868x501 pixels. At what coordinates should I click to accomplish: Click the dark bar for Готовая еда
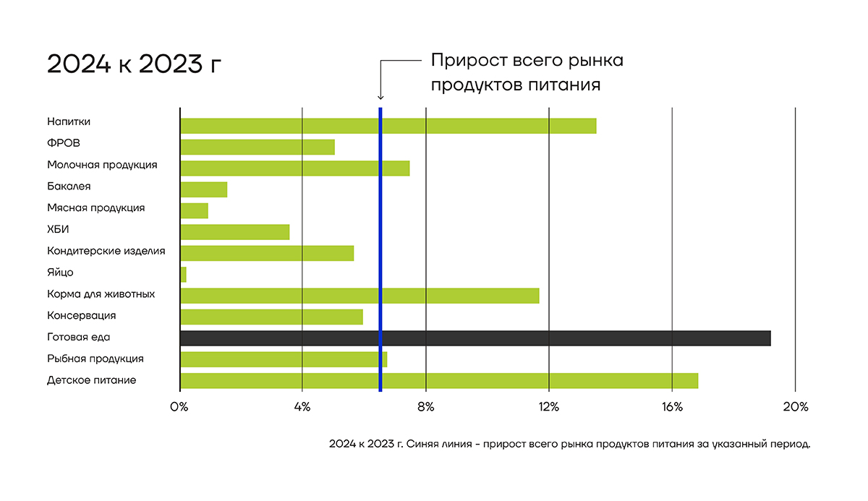click(475, 338)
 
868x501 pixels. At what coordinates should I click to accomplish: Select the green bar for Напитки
click(388, 126)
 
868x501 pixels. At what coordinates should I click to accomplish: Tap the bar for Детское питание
click(438, 380)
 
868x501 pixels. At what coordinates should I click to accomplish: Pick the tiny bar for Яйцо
click(183, 274)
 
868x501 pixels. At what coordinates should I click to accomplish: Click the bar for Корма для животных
click(359, 295)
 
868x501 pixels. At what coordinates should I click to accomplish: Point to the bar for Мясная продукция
click(194, 210)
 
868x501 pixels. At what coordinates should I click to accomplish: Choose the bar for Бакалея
click(203, 189)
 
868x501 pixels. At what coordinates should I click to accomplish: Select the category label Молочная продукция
click(102, 165)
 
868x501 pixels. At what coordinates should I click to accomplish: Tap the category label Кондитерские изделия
click(106, 251)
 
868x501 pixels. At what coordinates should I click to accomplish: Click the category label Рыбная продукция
click(95, 359)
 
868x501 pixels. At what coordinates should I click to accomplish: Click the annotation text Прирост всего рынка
click(527, 60)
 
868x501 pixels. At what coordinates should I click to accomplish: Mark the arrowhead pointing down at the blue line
click(380, 98)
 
